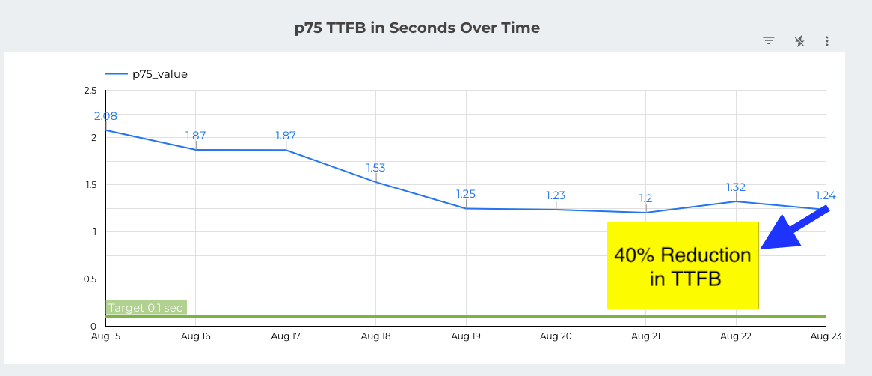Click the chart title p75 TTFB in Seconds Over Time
pos(417,28)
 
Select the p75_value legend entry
pos(147,73)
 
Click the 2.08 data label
pos(105,116)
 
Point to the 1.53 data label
pos(375,168)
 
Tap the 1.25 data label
pos(466,194)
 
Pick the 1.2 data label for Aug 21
pos(645,198)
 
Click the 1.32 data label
pos(736,187)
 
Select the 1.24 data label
pos(826,195)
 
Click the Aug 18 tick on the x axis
pos(375,336)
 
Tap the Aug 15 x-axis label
pos(105,336)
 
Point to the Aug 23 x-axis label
pos(826,336)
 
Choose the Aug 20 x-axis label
pos(556,336)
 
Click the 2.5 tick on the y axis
pos(90,91)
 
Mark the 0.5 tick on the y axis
pos(90,279)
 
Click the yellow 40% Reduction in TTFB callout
pos(683,266)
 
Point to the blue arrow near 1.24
pos(795,228)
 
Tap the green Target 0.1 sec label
pos(147,307)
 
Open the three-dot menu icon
pos(827,41)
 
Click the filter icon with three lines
pos(769,41)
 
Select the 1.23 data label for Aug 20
pos(556,195)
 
